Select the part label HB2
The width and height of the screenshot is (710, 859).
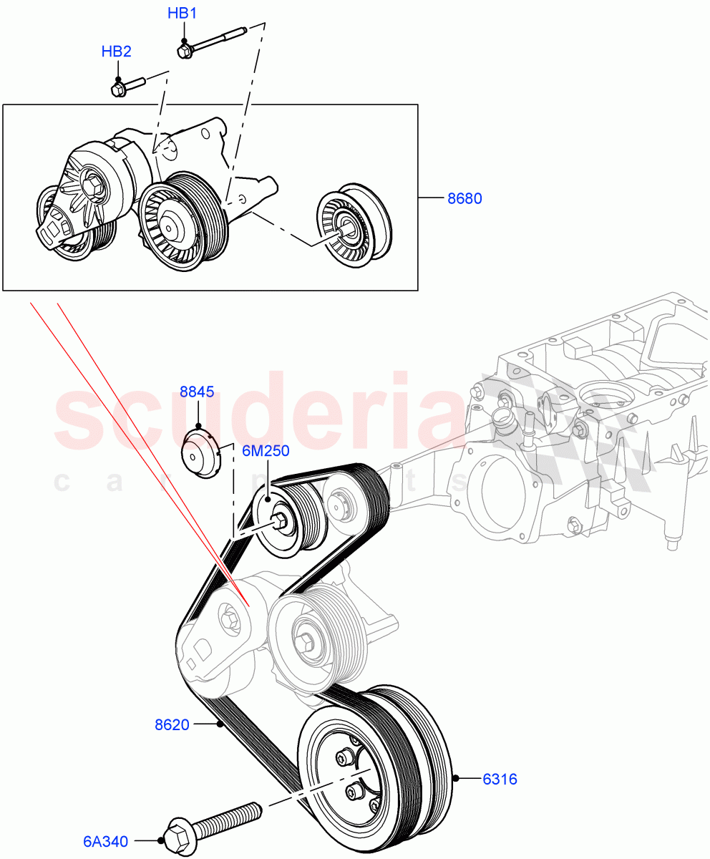(116, 52)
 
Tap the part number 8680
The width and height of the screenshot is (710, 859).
(465, 198)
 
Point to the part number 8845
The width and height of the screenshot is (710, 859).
(197, 392)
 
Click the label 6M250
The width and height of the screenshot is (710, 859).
(265, 451)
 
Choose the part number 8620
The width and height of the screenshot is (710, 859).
(172, 724)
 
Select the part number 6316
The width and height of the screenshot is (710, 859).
(499, 779)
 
